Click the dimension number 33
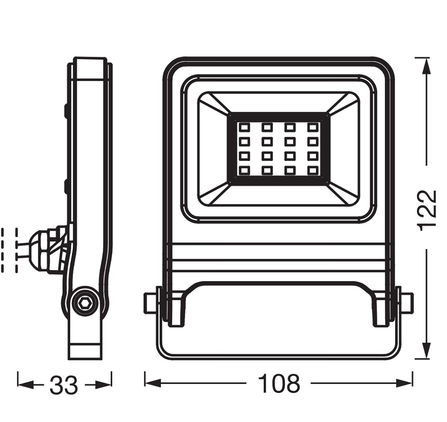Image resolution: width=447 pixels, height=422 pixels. point(63,385)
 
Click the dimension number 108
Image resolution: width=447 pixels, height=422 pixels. point(279,384)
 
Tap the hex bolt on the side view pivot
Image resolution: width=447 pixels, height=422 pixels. point(84,304)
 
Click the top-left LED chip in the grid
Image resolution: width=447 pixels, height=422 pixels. point(245,127)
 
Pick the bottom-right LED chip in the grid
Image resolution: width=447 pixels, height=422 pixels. point(313,170)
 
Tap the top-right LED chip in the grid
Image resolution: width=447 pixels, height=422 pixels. point(313,127)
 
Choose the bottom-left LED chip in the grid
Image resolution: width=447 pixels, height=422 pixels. point(245,170)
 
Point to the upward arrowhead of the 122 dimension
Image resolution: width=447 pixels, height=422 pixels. point(426,66)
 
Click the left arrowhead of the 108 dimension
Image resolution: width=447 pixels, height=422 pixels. point(153,383)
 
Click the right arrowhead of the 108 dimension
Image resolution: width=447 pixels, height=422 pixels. point(404,383)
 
